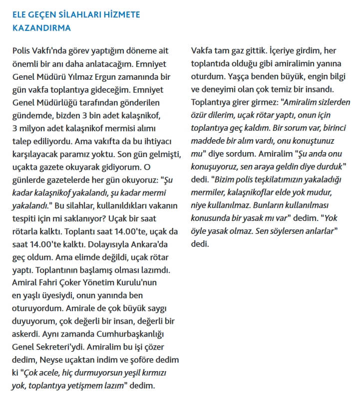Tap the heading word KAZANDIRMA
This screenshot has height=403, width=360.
41,28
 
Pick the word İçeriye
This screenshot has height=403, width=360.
287,51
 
